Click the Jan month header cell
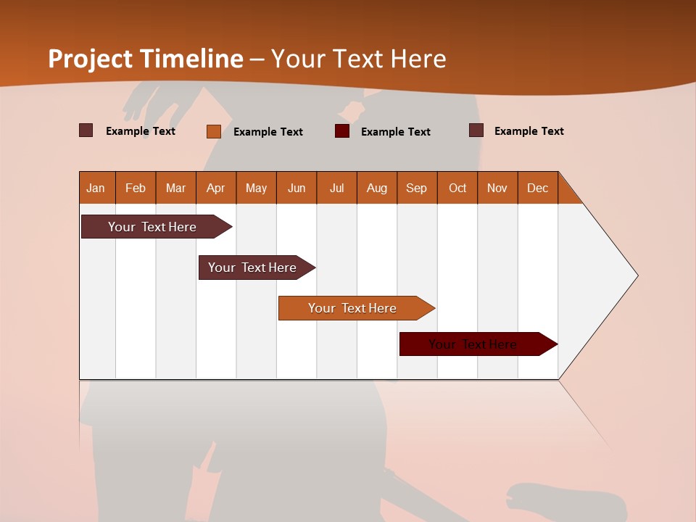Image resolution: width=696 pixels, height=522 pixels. click(x=96, y=188)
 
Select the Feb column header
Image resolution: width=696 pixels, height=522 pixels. click(x=136, y=188)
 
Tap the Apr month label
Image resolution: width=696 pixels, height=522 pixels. click(x=215, y=188)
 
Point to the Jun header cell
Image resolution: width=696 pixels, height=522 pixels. click(x=297, y=188)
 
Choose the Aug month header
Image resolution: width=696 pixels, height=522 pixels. click(x=376, y=188)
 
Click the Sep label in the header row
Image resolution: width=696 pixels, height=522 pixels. click(x=417, y=188)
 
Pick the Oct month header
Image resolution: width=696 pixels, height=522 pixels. click(x=457, y=188)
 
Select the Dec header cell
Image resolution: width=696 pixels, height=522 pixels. click(x=537, y=188)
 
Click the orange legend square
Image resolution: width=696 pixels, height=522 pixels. click(x=214, y=131)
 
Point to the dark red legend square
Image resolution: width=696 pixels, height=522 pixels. click(x=342, y=131)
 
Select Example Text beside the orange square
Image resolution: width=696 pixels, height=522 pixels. click(x=268, y=132)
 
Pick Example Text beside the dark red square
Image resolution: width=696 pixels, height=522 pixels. click(x=395, y=132)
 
